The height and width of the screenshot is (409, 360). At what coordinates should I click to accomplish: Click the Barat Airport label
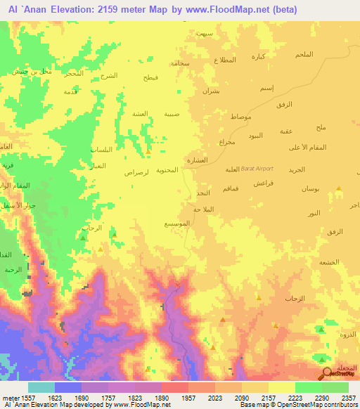pos(257,169)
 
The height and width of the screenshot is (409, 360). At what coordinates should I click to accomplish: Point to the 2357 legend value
pos(349,397)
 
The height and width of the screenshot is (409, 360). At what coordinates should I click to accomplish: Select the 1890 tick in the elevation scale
pos(162,397)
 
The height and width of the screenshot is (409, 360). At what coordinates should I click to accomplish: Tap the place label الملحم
pos(304,55)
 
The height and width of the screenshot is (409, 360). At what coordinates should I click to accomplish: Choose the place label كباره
pos(259,57)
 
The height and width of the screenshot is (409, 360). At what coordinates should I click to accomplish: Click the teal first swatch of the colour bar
pos(41,387)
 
